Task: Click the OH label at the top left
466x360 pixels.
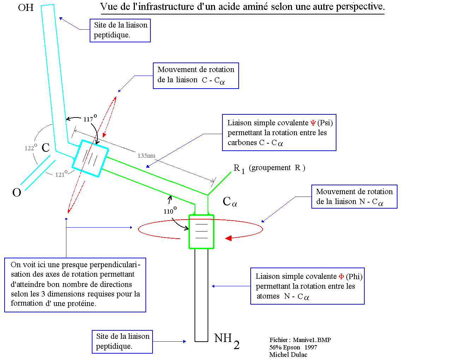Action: point(26,7)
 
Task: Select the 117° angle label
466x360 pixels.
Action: point(90,118)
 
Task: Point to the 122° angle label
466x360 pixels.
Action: point(31,147)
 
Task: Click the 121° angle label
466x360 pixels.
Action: point(61,174)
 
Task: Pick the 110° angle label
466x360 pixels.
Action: point(170,210)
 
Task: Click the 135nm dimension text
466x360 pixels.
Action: point(146,156)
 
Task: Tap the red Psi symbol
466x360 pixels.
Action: point(313,123)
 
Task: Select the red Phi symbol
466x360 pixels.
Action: point(341,277)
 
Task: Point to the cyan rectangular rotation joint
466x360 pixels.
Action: point(90,158)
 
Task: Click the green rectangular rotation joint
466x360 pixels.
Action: point(201,232)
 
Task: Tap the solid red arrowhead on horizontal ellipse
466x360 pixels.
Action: point(228,238)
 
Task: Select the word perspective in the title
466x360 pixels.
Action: point(360,7)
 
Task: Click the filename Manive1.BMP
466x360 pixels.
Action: point(312,340)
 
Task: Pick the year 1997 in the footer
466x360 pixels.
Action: point(311,347)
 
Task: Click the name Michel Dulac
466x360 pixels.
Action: point(288,354)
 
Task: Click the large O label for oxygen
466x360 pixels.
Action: point(17,192)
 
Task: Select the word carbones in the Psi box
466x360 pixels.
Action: point(242,142)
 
